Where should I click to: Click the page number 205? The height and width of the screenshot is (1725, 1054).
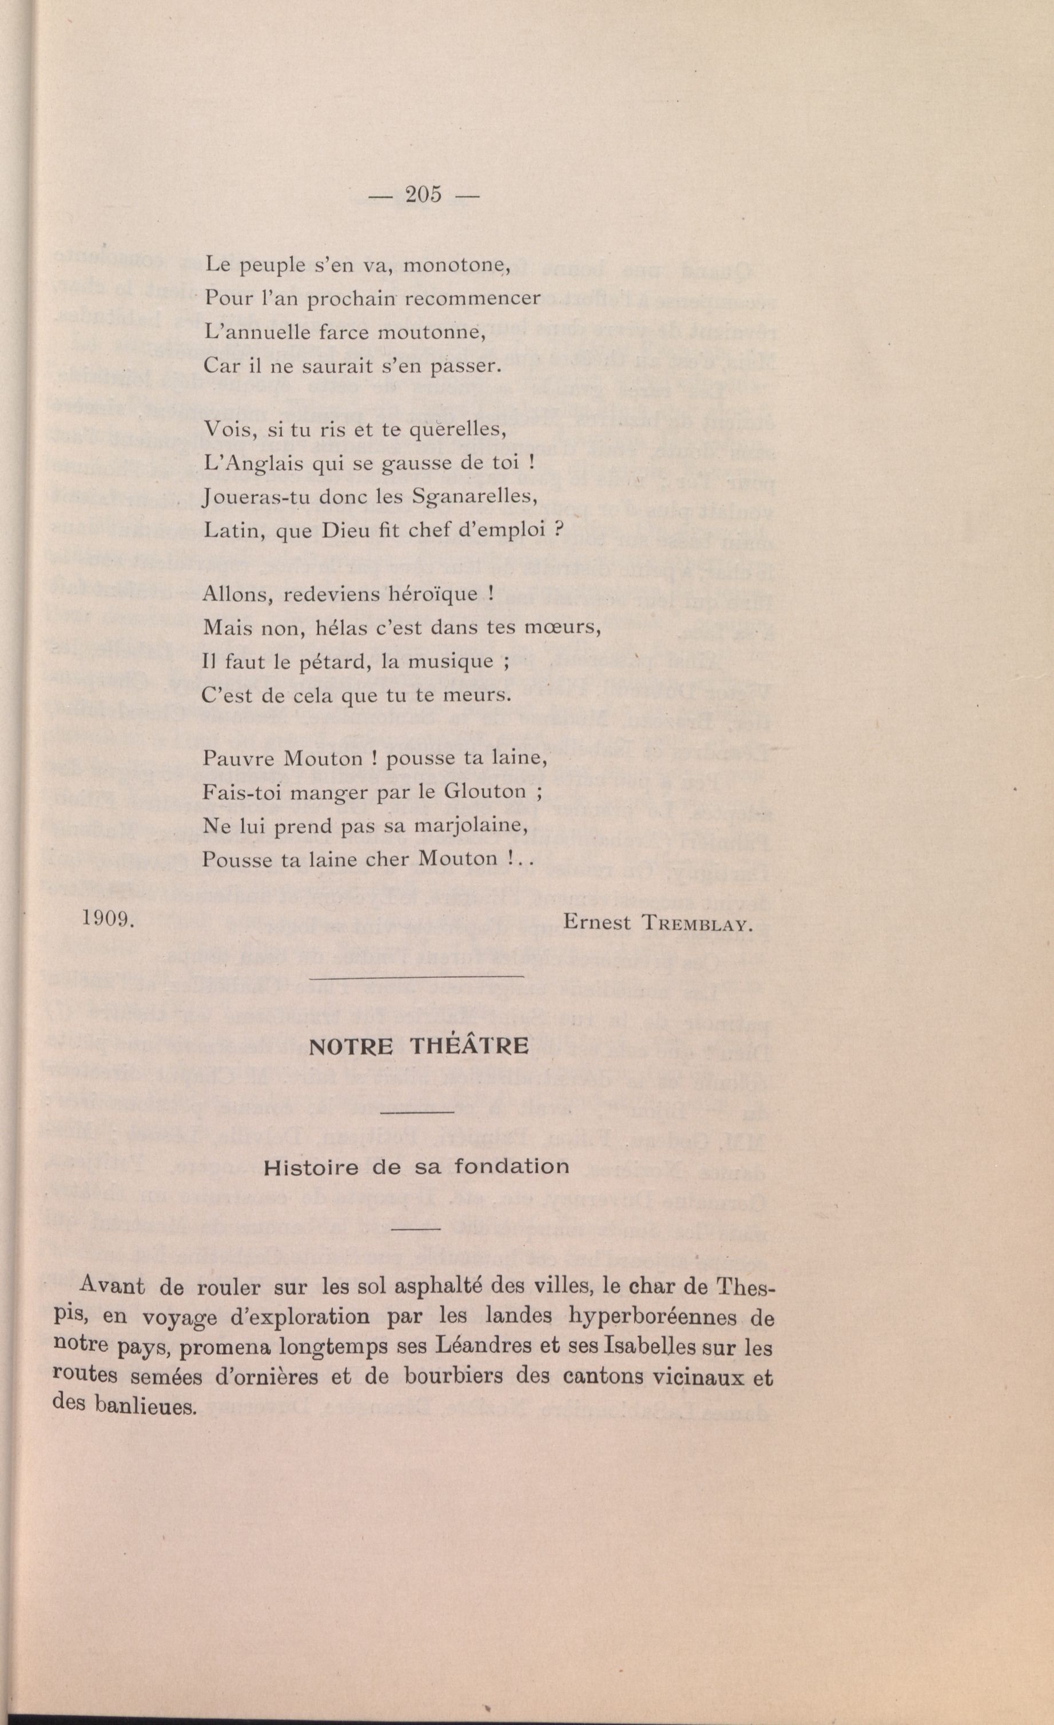(423, 196)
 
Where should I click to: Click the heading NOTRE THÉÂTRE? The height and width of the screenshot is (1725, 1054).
(419, 1046)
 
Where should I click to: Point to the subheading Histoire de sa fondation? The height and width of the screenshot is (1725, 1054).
(416, 1167)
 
